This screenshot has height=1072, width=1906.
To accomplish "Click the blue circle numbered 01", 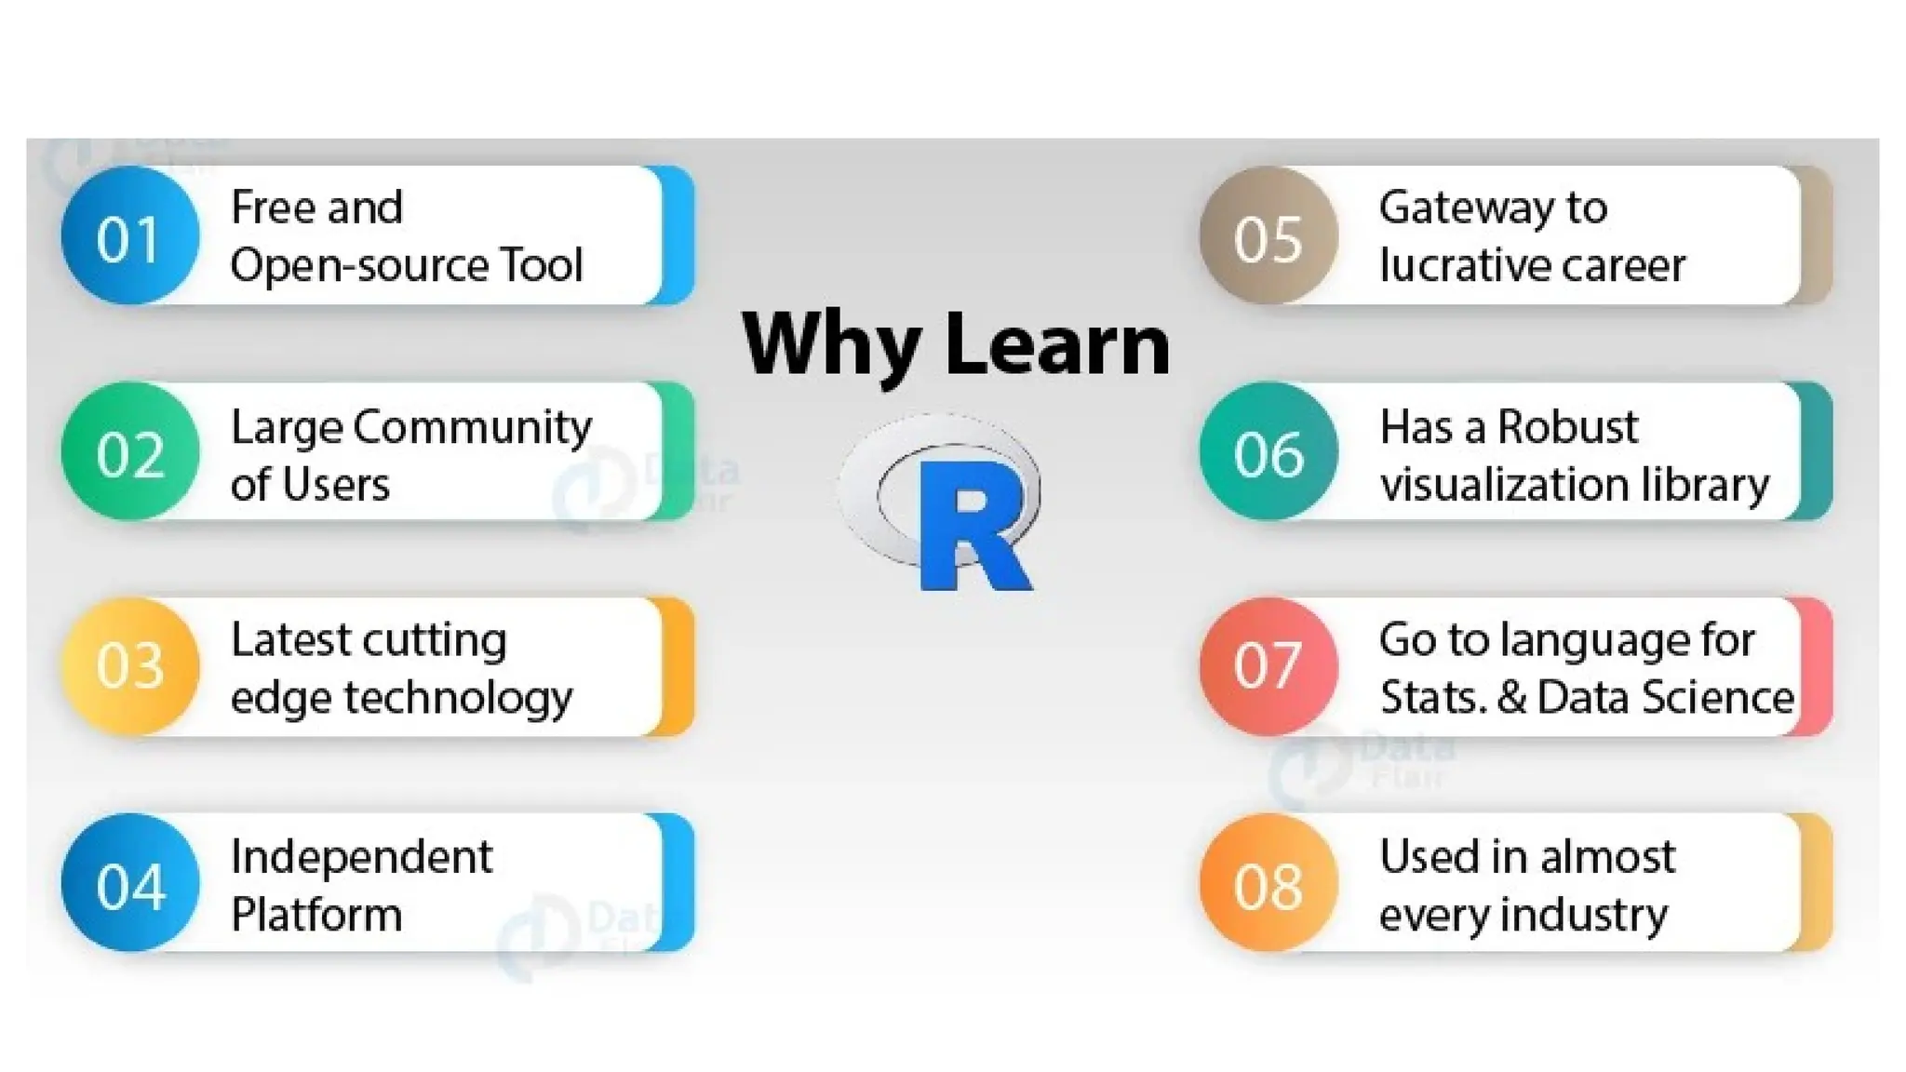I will tap(129, 236).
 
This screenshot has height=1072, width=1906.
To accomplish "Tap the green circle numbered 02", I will tap(129, 452).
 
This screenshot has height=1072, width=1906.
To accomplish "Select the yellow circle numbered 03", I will tap(129, 666).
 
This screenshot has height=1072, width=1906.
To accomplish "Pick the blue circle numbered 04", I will tap(129, 883).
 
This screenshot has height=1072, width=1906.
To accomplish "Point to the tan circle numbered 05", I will tap(1268, 236).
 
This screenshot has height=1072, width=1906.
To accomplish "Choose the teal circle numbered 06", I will tap(1268, 452).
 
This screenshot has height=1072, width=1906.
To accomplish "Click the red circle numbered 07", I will tap(1268, 666).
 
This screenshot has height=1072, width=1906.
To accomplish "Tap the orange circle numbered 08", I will tap(1268, 883).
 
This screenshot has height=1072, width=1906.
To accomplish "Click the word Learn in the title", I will tap(1057, 343).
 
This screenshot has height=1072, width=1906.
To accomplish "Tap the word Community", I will tap(472, 428).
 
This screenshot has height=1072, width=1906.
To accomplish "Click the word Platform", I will tap(316, 915).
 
